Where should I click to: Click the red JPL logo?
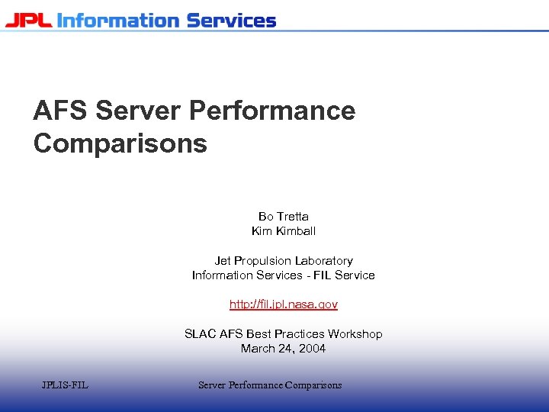[29, 20]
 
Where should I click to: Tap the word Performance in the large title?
[271, 111]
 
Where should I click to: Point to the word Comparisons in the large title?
[120, 143]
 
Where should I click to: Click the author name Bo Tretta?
[284, 217]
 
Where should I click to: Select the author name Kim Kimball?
[284, 231]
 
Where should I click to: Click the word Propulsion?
[263, 261]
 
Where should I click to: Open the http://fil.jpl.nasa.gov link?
[284, 304]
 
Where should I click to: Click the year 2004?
[311, 349]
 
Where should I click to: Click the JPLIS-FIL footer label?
[65, 385]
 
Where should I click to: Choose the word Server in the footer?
[213, 385]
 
